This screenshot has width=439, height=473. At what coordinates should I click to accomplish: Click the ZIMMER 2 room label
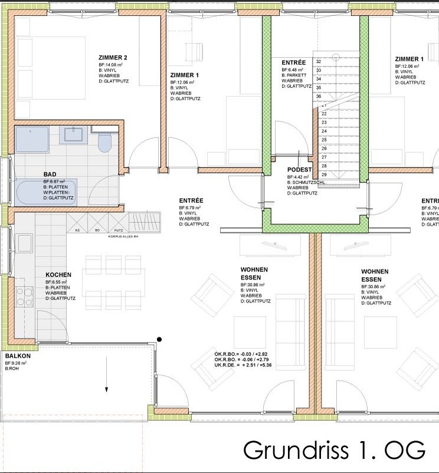pyautogui.click(x=113, y=57)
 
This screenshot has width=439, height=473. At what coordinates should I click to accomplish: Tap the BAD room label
pyautogui.click(x=50, y=175)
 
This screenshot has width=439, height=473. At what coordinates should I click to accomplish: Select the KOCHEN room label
pyautogui.click(x=58, y=275)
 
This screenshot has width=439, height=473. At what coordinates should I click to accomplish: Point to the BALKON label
pyautogui.click(x=18, y=356)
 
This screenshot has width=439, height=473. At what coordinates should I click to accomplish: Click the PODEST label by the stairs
pyautogui.click(x=299, y=170)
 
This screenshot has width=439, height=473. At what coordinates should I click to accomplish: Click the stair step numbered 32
pyautogui.click(x=319, y=61)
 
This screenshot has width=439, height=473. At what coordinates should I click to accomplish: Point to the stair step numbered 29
pyautogui.click(x=324, y=175)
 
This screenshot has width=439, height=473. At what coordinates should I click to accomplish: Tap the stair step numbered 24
pyautogui.click(x=324, y=131)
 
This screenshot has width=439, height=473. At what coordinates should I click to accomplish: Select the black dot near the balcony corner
pyautogui.click(x=159, y=339)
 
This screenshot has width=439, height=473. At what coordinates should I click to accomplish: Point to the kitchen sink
pyautogui.click(x=24, y=243)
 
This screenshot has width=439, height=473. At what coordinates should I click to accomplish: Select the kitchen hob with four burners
pyautogui.click(x=25, y=293)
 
